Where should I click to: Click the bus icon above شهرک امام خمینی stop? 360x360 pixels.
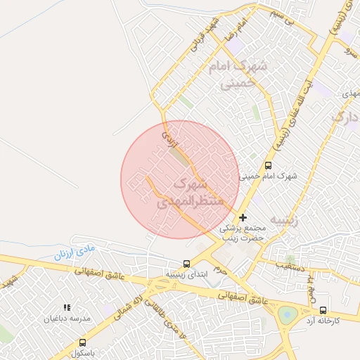[268, 165]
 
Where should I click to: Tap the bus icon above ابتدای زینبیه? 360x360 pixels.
[186, 264]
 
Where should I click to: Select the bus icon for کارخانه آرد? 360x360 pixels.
[323, 310]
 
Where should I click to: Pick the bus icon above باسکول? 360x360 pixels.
[83, 342]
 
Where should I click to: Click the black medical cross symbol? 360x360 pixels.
[244, 218]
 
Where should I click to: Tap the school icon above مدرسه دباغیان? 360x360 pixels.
[67, 308]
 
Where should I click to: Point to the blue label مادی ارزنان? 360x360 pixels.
[74, 252]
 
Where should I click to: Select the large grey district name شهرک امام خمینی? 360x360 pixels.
[239, 76]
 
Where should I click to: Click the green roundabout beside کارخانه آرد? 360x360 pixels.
[286, 314]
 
